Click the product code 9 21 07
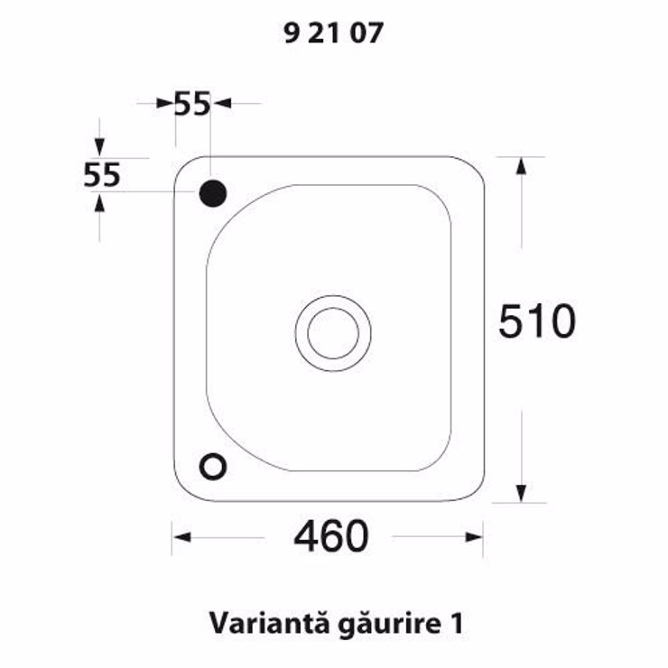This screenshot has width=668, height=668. click(334, 32)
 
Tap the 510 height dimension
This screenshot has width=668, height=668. click(537, 320)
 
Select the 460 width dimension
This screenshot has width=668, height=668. click(331, 535)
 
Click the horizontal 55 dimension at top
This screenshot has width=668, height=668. click(192, 104)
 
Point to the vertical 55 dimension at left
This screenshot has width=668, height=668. click(102, 174)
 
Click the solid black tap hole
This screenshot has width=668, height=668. click(213, 193)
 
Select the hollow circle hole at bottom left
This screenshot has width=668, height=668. click(212, 466)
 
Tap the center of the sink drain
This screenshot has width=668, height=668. click(333, 333)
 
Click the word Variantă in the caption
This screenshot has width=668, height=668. click(269, 623)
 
